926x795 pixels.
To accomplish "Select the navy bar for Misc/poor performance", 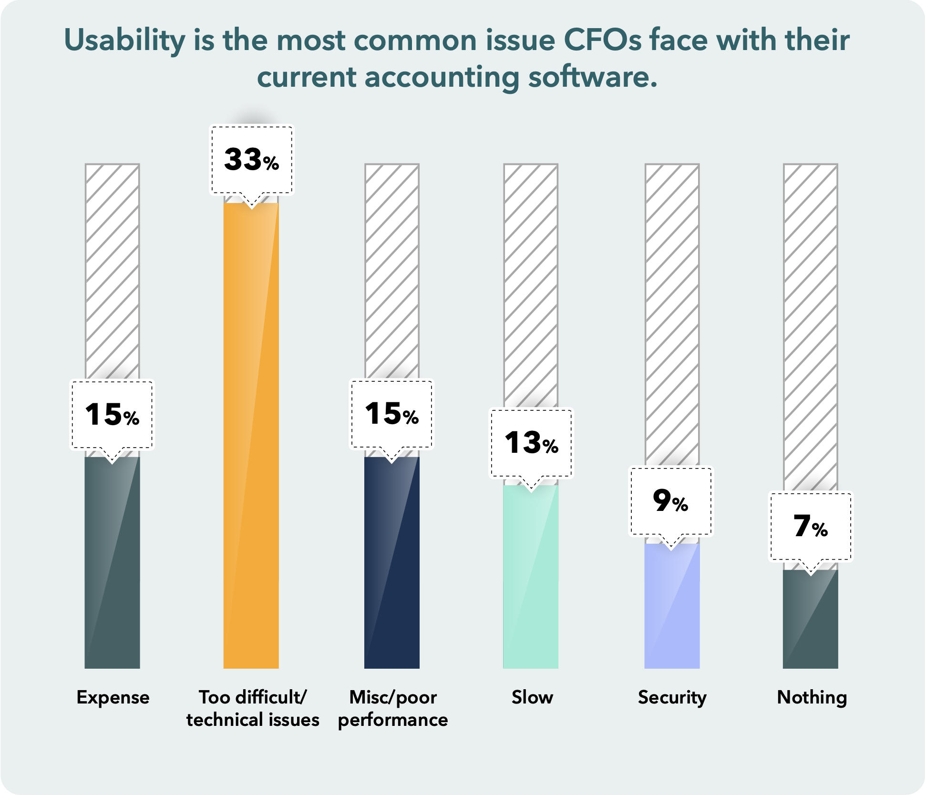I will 392,562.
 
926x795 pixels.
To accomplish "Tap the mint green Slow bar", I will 531,577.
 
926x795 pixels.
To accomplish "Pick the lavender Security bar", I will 672,605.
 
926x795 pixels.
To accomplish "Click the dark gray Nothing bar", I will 811,620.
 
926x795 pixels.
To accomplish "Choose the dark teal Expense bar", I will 112,562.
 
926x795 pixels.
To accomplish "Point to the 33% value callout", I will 252,160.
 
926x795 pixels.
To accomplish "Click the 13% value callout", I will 531,443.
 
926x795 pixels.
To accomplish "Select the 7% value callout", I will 811,526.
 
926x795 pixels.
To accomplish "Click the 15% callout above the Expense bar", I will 112,414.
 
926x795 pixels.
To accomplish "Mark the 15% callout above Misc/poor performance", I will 392,414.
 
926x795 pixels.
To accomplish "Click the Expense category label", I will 113,697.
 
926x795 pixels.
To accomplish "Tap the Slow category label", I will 532,697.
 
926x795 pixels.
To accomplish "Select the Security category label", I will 672,697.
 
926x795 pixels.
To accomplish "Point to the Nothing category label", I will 812,697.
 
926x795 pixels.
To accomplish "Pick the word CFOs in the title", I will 602,40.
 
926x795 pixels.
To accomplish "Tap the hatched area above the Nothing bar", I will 811,324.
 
